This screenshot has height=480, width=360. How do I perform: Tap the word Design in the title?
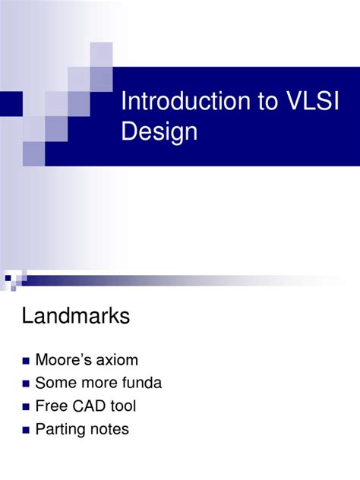pos(159,132)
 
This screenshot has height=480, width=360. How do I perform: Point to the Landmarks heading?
pos(76,317)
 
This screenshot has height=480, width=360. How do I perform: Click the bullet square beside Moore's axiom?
pos(27,361)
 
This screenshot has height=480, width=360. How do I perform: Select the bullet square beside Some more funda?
pos(27,384)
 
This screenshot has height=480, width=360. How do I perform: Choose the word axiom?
pos(116,359)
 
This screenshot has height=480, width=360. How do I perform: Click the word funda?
pos(140,383)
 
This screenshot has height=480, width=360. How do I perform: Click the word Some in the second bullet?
pos(55,383)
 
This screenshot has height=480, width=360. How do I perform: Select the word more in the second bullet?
pos(96,383)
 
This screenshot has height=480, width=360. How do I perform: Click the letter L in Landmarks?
pos(27,317)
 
